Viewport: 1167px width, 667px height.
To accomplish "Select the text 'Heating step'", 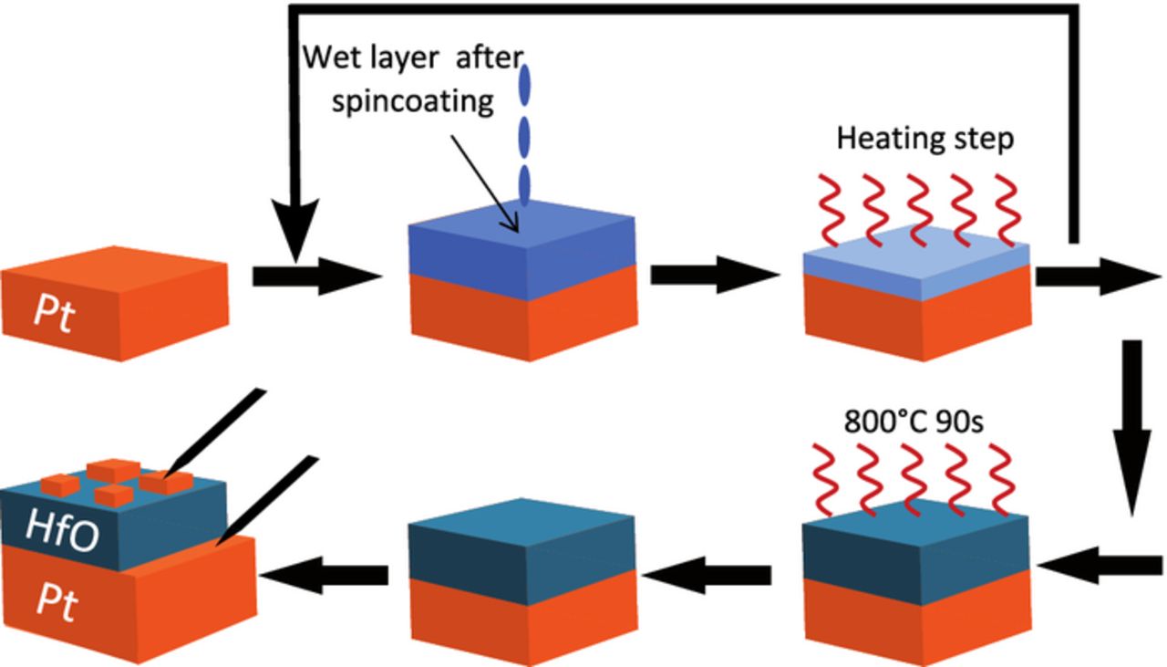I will click(925, 139).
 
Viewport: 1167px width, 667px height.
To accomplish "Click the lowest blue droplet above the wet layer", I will click(525, 185).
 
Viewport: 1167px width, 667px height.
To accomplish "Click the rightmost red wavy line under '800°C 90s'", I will click(1001, 474).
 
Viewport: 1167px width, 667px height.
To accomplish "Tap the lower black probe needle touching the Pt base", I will click(269, 497).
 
